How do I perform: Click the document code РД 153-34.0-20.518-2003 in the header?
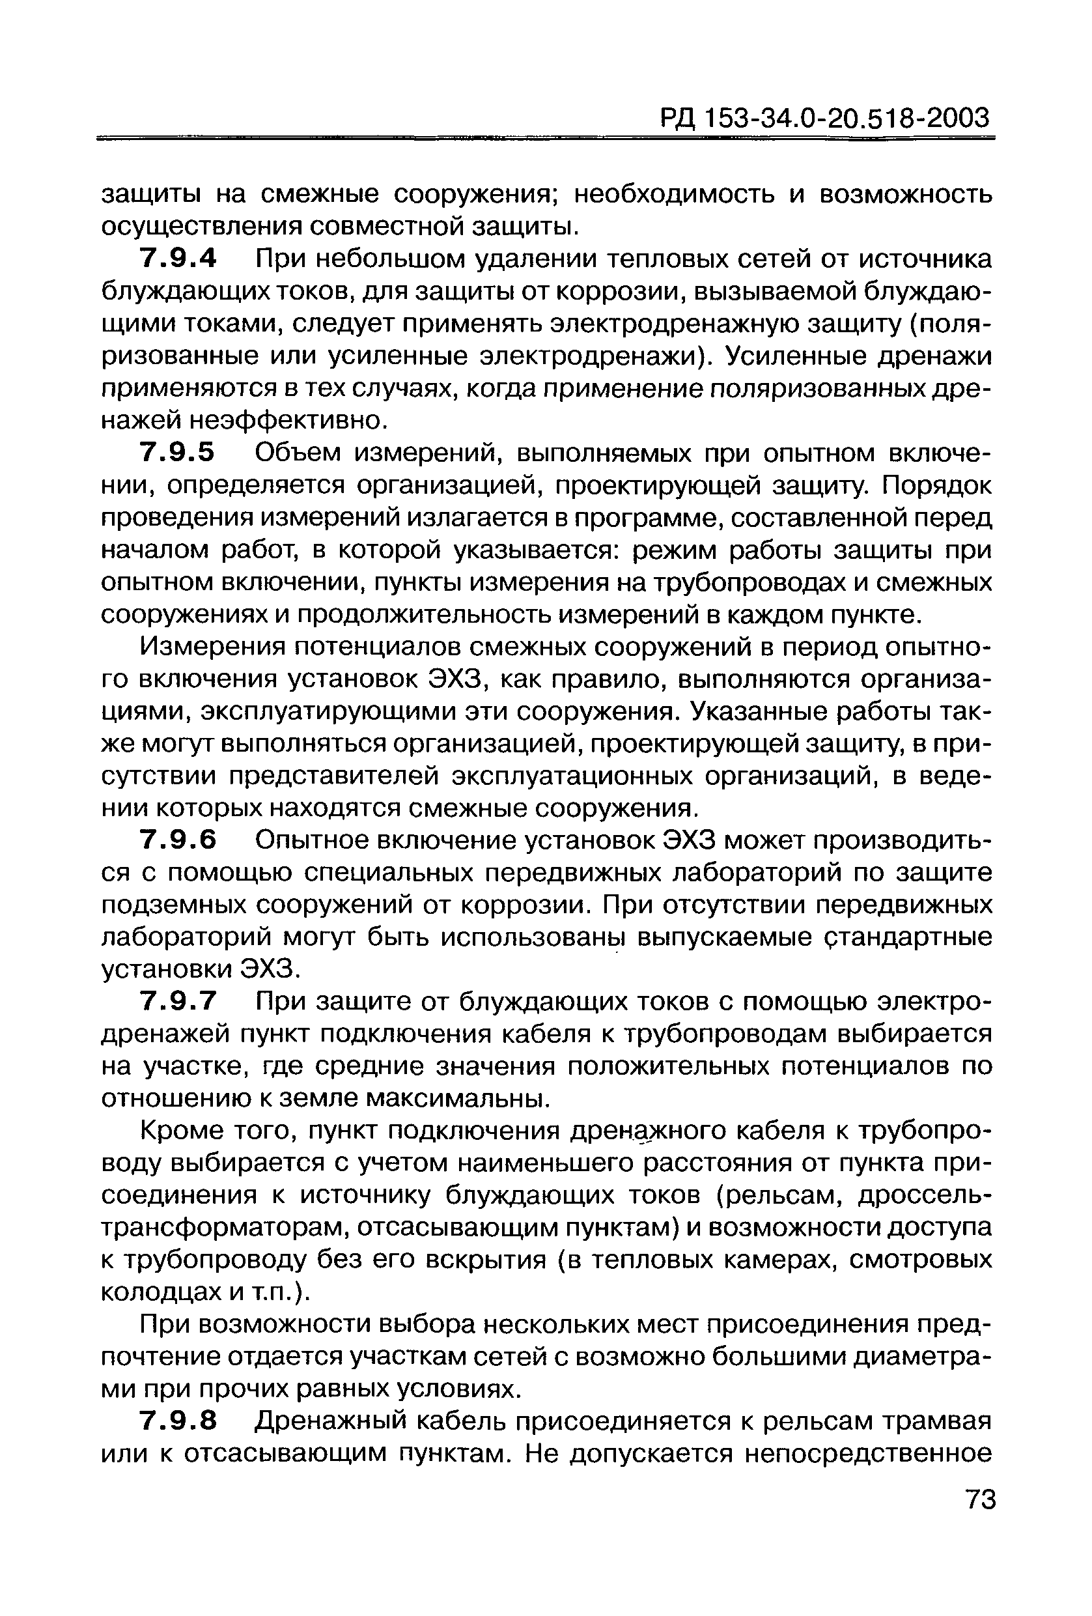(824, 118)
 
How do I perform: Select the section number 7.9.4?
(178, 259)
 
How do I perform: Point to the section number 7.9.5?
(178, 453)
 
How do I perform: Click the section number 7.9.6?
(178, 841)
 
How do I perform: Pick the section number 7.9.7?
(178, 1002)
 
